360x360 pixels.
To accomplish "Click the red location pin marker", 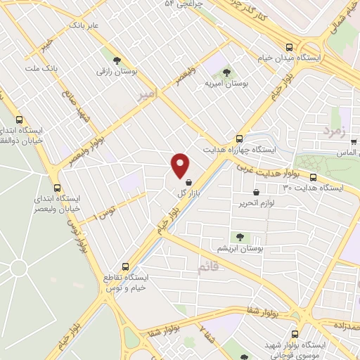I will (181, 165).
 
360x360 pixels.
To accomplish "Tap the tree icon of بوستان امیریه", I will (226, 72).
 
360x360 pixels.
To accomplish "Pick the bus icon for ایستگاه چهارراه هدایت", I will (239, 139).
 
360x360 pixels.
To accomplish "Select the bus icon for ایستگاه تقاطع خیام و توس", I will (126, 266).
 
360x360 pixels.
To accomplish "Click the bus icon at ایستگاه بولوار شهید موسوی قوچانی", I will (294, 335).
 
